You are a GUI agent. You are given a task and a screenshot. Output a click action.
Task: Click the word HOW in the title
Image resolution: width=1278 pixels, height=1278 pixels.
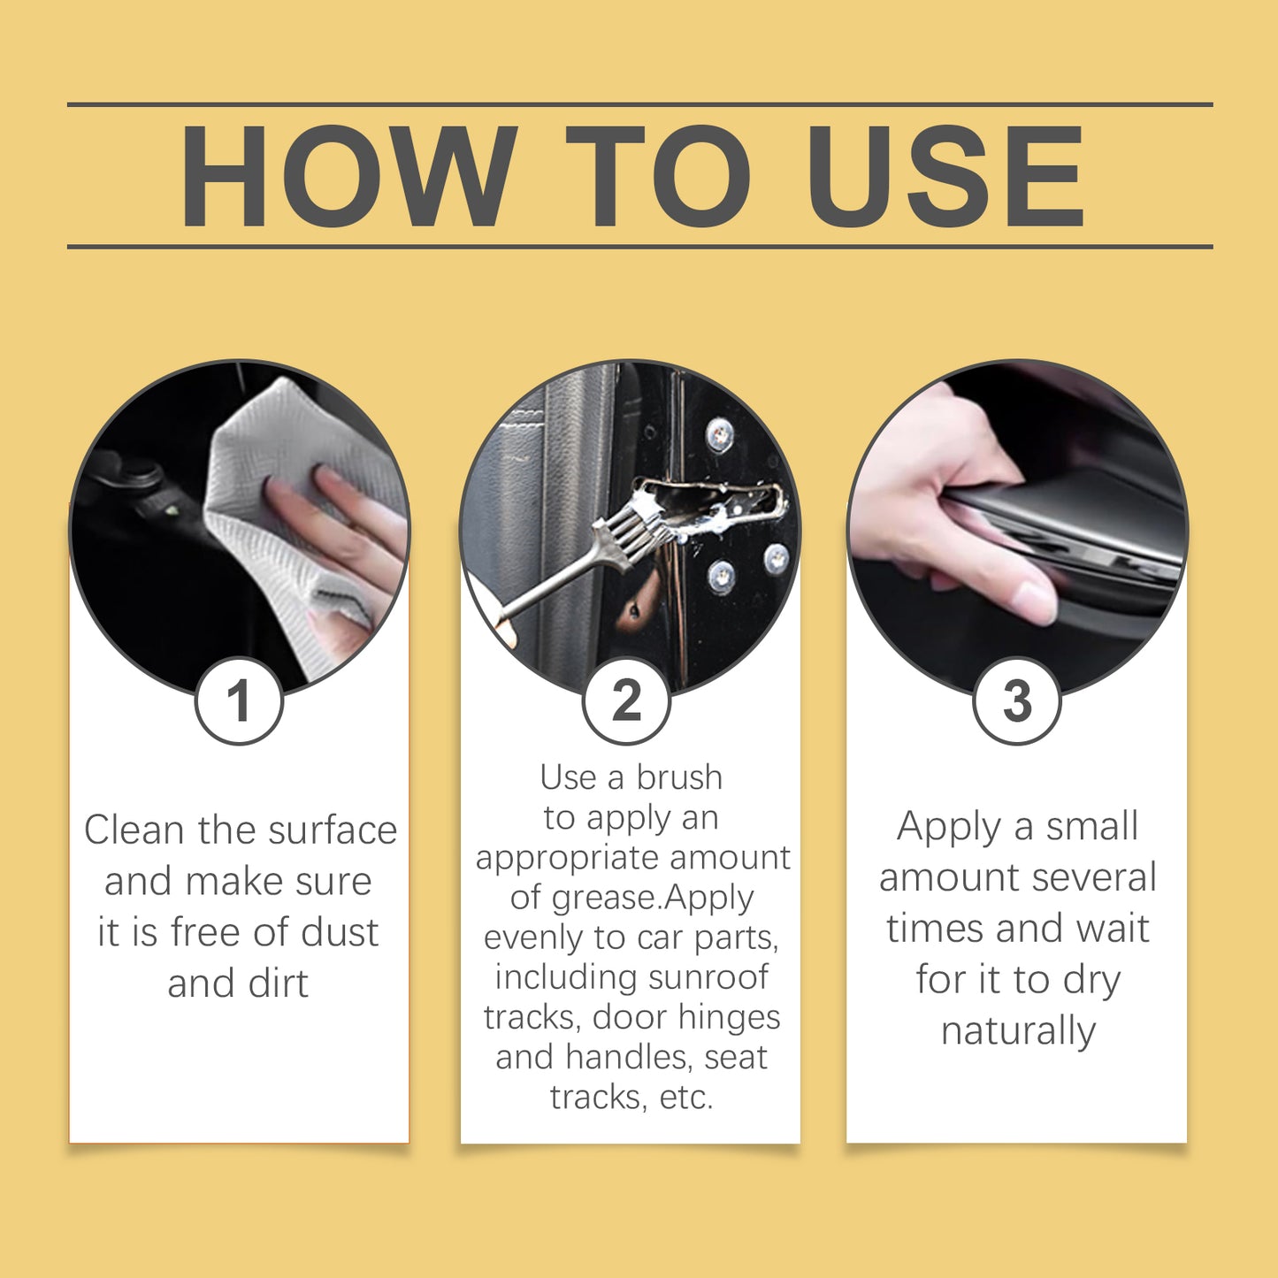(348, 177)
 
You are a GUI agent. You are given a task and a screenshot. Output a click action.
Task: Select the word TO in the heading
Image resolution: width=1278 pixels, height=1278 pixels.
(659, 177)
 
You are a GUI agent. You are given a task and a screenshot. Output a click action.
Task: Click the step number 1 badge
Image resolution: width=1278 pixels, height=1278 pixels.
(239, 700)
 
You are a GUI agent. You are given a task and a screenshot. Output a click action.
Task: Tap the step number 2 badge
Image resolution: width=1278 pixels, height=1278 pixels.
(626, 700)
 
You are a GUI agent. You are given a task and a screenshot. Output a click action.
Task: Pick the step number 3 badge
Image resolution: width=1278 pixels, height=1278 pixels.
(1016, 700)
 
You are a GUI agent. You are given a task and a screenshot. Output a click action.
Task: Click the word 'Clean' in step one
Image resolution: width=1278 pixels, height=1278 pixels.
(134, 830)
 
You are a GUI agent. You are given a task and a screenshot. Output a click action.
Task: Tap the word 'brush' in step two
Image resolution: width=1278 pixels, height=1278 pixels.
(679, 777)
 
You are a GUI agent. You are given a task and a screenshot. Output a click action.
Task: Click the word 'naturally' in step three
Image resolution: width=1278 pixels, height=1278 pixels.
(1018, 1031)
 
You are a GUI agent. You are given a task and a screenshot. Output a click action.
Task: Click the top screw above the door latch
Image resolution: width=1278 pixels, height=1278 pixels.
(719, 434)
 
